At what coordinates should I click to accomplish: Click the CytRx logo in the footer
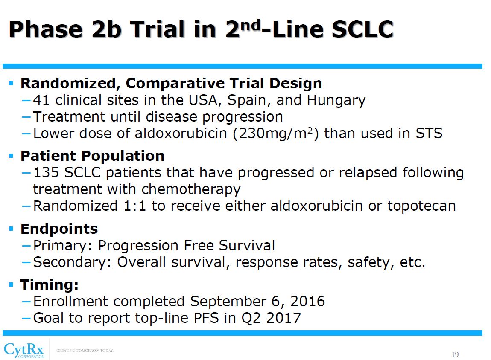click(24, 349)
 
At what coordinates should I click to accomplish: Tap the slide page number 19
click(455, 355)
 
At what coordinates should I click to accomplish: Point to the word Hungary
click(336, 100)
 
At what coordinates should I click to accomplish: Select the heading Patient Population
click(92, 156)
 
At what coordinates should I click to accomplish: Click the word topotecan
click(421, 206)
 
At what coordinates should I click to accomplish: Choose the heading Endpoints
click(59, 229)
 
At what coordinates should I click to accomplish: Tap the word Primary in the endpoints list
click(63, 246)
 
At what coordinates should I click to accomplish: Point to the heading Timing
click(50, 285)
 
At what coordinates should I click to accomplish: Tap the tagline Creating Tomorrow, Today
click(85, 351)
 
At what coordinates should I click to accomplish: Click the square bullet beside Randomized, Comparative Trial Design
click(12, 83)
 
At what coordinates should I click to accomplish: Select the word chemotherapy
click(191, 189)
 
